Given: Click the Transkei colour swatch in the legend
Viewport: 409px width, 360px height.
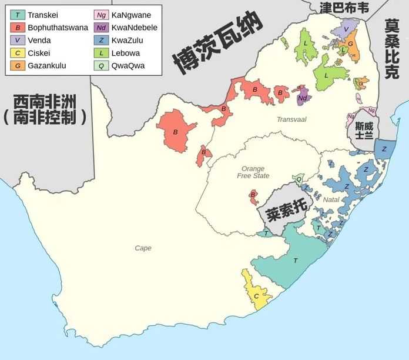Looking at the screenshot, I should tap(18, 15).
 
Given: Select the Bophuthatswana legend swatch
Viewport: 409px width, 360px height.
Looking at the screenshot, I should tap(18, 28).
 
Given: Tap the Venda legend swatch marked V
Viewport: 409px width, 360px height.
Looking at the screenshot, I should tap(18, 41).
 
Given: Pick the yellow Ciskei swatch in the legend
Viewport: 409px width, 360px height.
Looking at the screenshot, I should tap(18, 53).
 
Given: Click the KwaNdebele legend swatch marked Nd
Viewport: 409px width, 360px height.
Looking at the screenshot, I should tap(101, 28).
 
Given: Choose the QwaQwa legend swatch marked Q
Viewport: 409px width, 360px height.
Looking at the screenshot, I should tap(101, 66).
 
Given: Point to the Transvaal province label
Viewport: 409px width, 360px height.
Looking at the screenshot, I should tap(292, 119).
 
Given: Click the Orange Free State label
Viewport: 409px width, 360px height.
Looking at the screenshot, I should tap(253, 172).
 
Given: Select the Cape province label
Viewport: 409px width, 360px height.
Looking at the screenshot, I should tap(143, 248).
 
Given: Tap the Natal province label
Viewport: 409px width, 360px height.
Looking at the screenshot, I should tap(331, 200).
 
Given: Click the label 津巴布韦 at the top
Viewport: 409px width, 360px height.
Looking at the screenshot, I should tap(344, 8).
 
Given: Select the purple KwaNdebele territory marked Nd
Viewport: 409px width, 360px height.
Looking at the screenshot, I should tap(302, 97).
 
